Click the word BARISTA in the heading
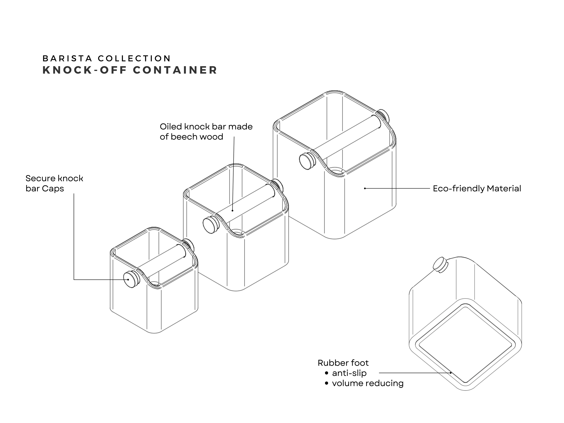pos(67,58)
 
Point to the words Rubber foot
pos(343,363)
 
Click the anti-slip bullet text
pos(349,373)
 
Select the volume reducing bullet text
pos(368,383)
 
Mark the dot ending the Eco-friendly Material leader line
pos(365,188)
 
